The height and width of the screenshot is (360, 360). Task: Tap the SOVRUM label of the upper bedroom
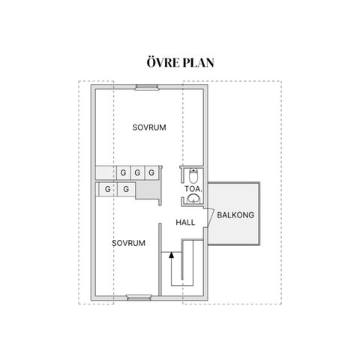click(x=149, y=127)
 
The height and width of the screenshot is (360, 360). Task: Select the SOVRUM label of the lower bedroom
click(x=128, y=243)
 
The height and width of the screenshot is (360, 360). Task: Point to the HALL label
click(x=185, y=223)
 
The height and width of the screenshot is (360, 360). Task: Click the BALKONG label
click(x=235, y=215)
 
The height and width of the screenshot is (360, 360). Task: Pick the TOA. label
click(x=193, y=189)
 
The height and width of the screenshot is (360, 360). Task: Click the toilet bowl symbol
click(x=193, y=175)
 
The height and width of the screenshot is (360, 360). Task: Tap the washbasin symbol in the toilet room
click(x=193, y=199)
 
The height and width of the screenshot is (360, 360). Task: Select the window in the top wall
click(x=147, y=87)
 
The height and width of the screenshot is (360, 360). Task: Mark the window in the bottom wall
click(x=139, y=297)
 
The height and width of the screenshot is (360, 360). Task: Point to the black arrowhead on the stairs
click(x=171, y=255)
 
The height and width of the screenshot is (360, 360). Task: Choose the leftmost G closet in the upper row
click(x=123, y=172)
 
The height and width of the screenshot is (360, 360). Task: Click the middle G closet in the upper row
click(x=137, y=172)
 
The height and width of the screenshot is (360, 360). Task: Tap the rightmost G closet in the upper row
click(x=151, y=172)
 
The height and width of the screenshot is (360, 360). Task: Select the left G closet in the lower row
click(x=108, y=189)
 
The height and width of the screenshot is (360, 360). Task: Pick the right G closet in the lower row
click(x=126, y=189)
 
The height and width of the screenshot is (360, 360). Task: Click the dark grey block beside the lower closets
click(x=148, y=190)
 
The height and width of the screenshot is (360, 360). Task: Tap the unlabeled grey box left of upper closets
click(x=106, y=172)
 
